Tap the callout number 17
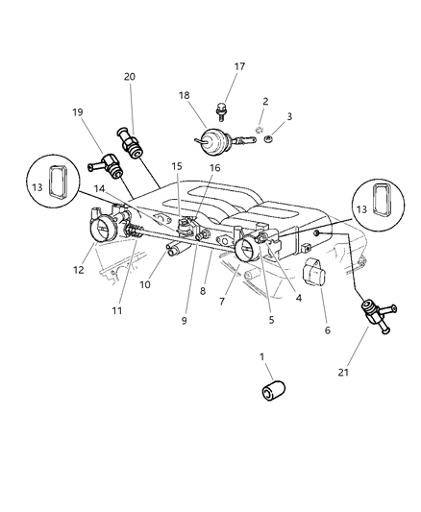(x=239, y=66)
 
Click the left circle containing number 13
(x=53, y=186)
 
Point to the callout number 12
(x=79, y=270)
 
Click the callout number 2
(x=265, y=101)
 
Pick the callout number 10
(x=145, y=284)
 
